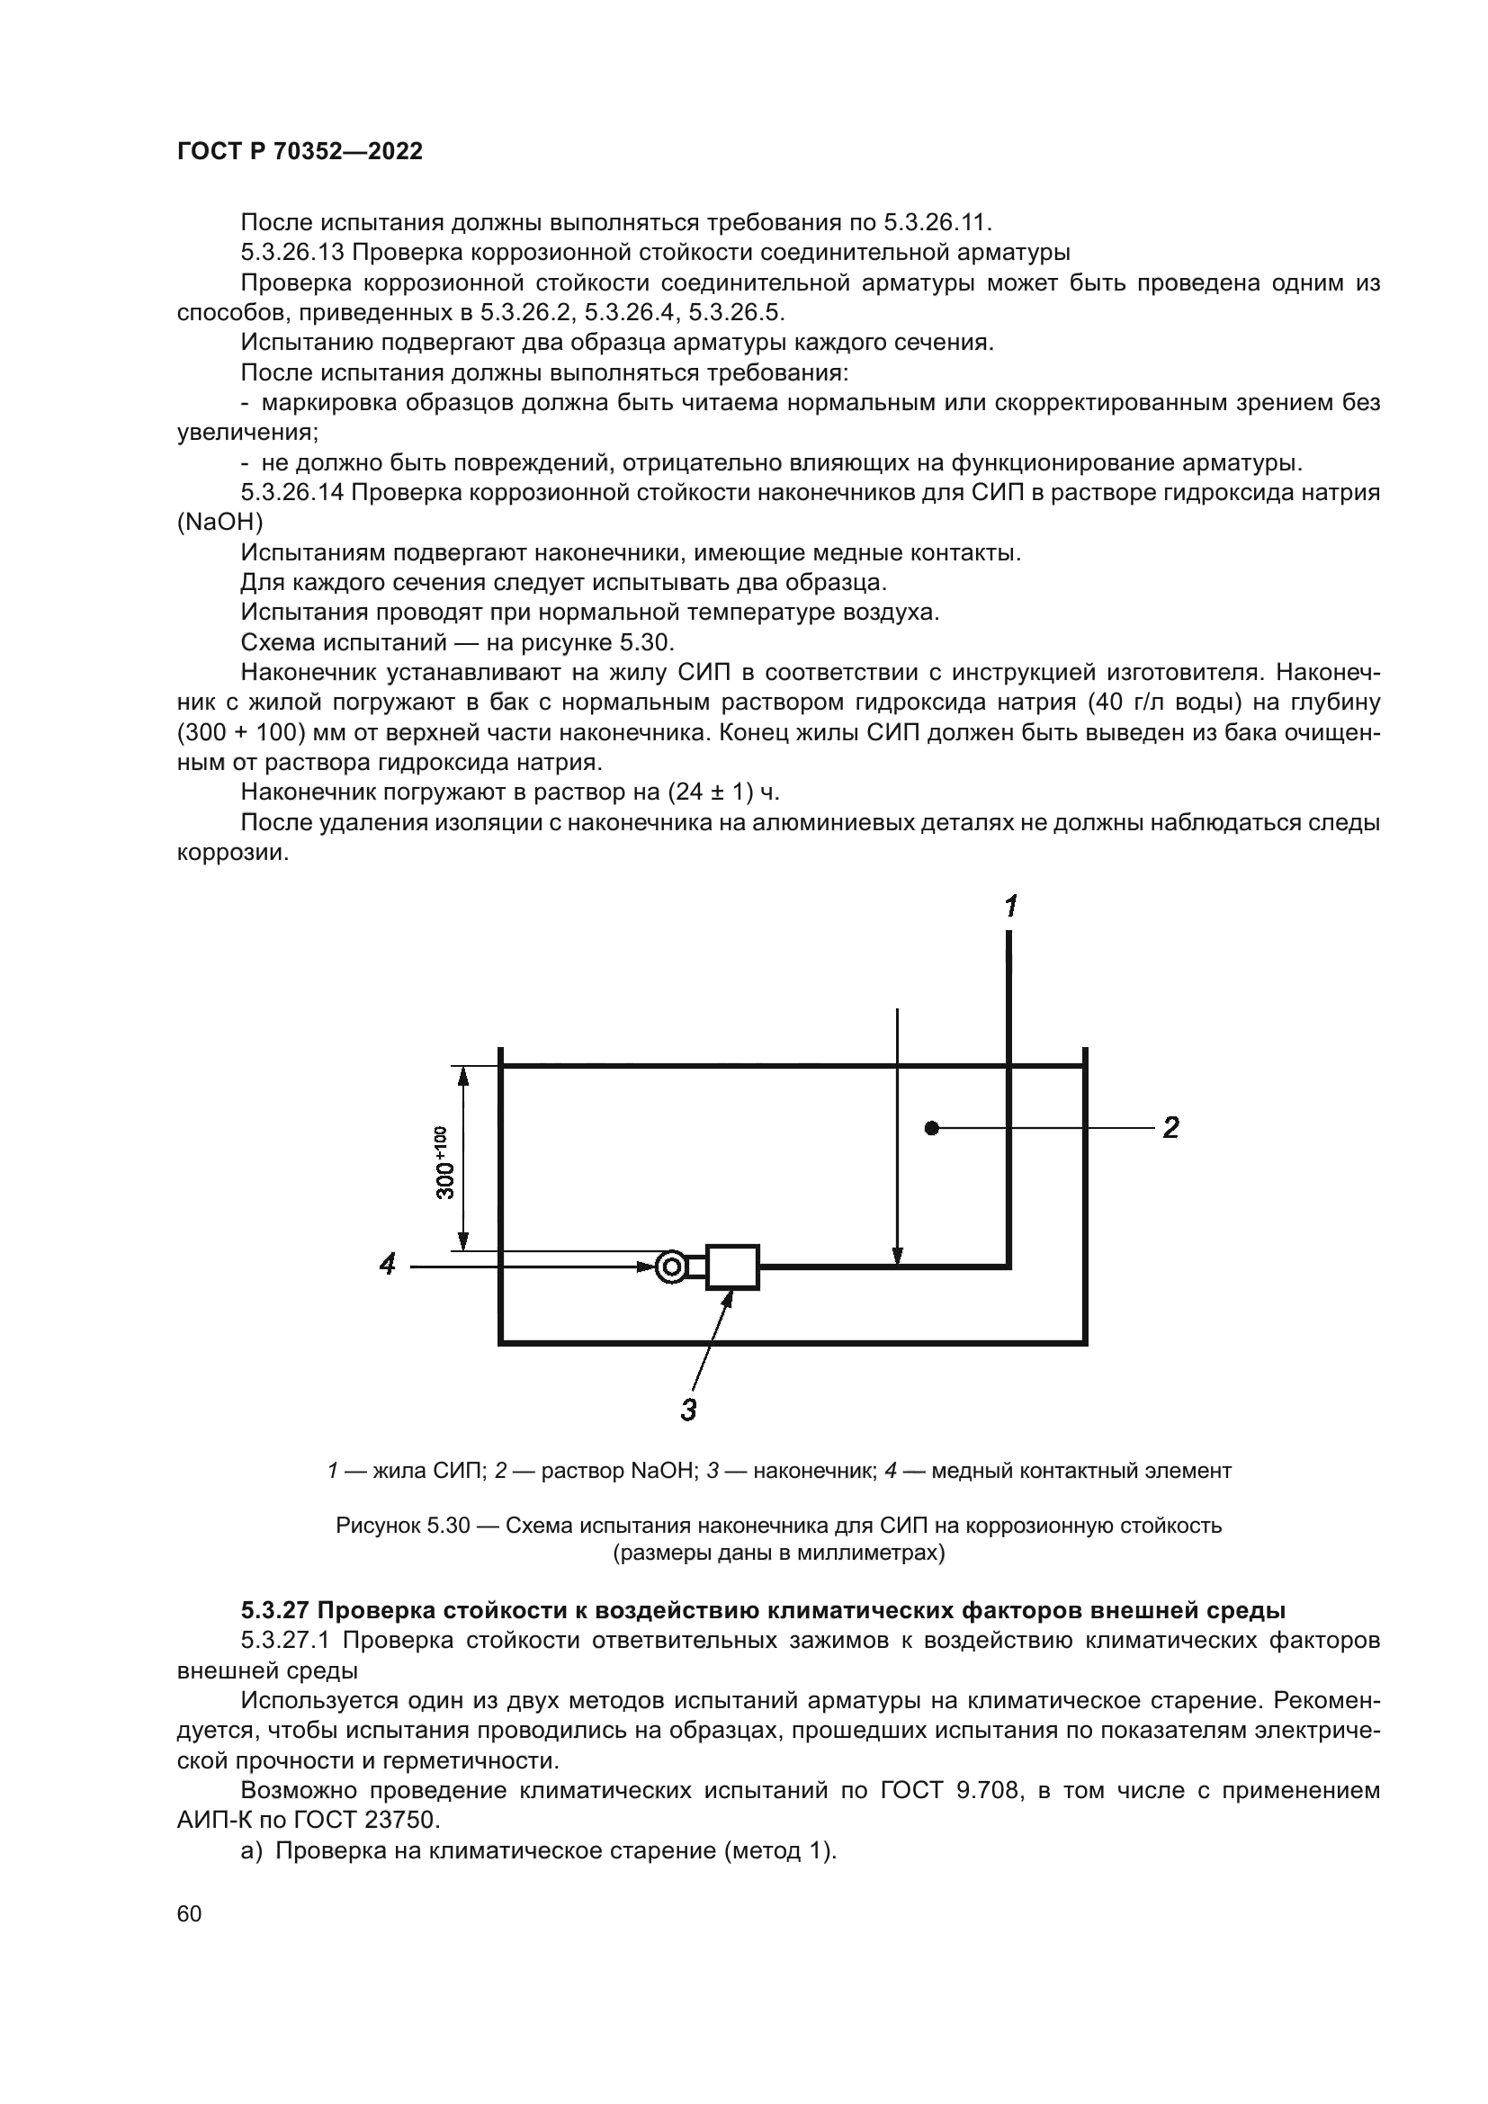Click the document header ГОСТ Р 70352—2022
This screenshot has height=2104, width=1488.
tap(300, 152)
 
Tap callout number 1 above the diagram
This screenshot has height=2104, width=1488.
tap(1009, 908)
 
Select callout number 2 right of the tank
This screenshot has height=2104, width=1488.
tap(1170, 1128)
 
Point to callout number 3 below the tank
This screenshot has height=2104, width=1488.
tap(689, 1410)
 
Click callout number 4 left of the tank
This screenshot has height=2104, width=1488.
tap(388, 1265)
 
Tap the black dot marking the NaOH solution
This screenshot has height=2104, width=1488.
tap(932, 1128)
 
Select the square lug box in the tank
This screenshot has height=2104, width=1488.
tap(732, 1267)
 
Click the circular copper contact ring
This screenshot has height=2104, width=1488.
tap(672, 1267)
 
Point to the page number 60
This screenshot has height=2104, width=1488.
tap(190, 1914)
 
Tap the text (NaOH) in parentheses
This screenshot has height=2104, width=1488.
tap(220, 523)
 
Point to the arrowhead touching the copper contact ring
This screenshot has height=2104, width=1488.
tap(647, 1267)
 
